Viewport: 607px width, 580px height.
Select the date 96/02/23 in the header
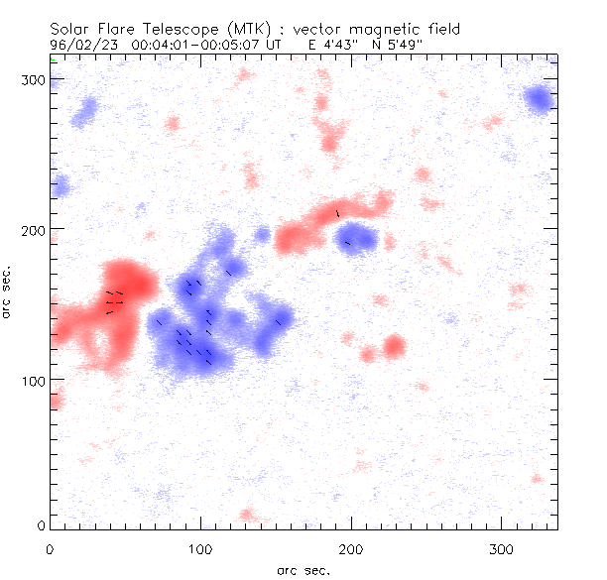point(80,45)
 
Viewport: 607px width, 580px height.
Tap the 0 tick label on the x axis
point(50,547)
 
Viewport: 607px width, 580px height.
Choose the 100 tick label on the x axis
point(200,547)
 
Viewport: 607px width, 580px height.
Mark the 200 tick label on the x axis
point(351,547)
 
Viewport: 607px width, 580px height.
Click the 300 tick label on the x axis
point(501,547)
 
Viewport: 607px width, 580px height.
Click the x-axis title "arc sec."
point(303,569)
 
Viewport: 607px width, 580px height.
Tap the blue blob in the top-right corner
point(539,98)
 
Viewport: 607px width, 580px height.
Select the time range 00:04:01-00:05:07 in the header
point(206,45)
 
